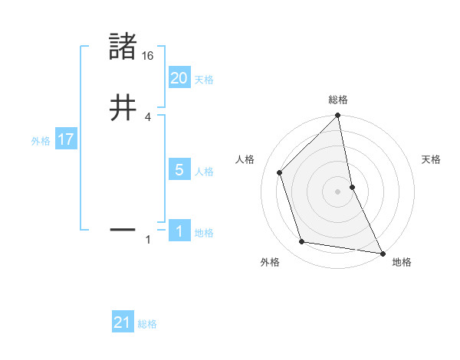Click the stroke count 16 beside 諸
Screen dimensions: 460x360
(x=148, y=56)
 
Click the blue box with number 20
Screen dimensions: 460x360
(x=179, y=78)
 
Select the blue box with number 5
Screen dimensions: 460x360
(x=179, y=170)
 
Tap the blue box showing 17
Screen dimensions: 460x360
(x=65, y=140)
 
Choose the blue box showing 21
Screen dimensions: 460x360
(x=122, y=323)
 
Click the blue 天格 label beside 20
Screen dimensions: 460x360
(x=204, y=80)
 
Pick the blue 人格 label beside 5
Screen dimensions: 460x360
(x=204, y=172)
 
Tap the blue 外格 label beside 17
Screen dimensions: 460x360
(x=41, y=141)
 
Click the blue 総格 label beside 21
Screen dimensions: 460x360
(x=147, y=324)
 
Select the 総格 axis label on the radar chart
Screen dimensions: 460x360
(x=338, y=100)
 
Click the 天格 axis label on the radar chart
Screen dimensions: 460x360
(x=431, y=159)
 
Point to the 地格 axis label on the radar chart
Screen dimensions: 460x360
(x=402, y=262)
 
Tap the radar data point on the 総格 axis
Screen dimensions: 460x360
(x=338, y=116)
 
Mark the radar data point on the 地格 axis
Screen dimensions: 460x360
(x=382, y=252)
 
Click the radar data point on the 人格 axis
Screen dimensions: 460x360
(x=280, y=172)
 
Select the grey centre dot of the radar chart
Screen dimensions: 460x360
(x=338, y=191)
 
